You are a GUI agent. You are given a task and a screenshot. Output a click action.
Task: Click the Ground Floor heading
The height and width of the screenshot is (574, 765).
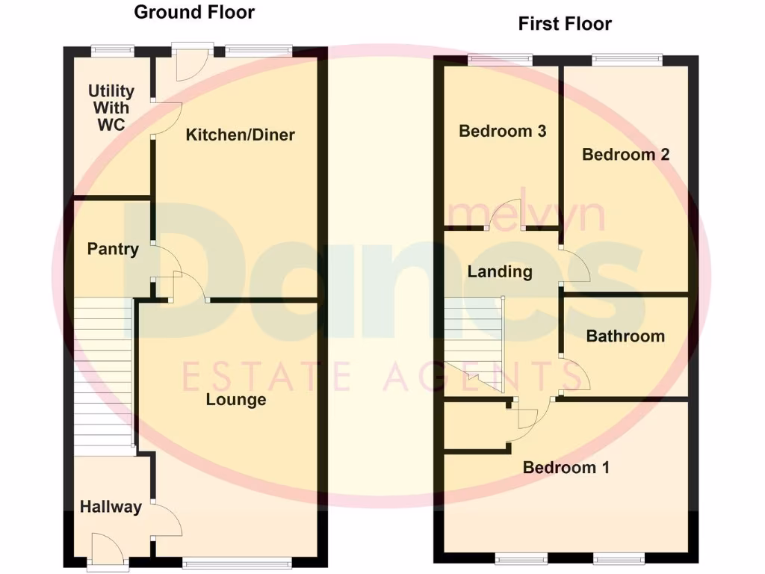tap(194, 13)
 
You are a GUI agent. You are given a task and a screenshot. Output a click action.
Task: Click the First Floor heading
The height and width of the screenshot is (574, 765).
tap(565, 24)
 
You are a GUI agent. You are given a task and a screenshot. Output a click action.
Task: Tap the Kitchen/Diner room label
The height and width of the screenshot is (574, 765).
tap(240, 135)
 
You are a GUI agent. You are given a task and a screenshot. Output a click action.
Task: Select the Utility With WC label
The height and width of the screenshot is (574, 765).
tap(111, 108)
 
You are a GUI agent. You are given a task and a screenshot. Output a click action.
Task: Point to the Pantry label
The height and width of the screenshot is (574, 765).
tap(113, 249)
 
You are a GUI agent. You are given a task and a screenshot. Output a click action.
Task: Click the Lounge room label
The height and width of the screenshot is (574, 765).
tap(236, 400)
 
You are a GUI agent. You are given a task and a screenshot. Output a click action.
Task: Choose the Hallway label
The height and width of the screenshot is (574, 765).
tap(111, 507)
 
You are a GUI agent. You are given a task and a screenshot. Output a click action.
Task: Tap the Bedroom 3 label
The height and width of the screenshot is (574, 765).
tap(502, 132)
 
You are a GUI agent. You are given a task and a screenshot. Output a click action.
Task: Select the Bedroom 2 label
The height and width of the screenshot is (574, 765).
tap(625, 155)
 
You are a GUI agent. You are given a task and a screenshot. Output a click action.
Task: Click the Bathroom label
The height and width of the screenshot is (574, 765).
tap(625, 336)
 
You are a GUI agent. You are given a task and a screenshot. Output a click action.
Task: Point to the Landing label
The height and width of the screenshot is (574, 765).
tap(500, 271)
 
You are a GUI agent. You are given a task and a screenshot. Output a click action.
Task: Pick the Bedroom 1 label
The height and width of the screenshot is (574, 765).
tap(566, 468)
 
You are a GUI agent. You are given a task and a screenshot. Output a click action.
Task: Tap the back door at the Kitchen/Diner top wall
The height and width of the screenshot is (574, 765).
tap(184, 64)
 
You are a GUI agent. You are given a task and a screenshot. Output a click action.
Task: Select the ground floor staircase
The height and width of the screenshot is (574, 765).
tap(104, 374)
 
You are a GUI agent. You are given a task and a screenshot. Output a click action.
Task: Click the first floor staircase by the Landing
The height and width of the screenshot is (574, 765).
tap(475, 340)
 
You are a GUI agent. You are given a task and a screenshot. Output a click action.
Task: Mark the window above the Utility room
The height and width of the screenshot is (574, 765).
tap(112, 51)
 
